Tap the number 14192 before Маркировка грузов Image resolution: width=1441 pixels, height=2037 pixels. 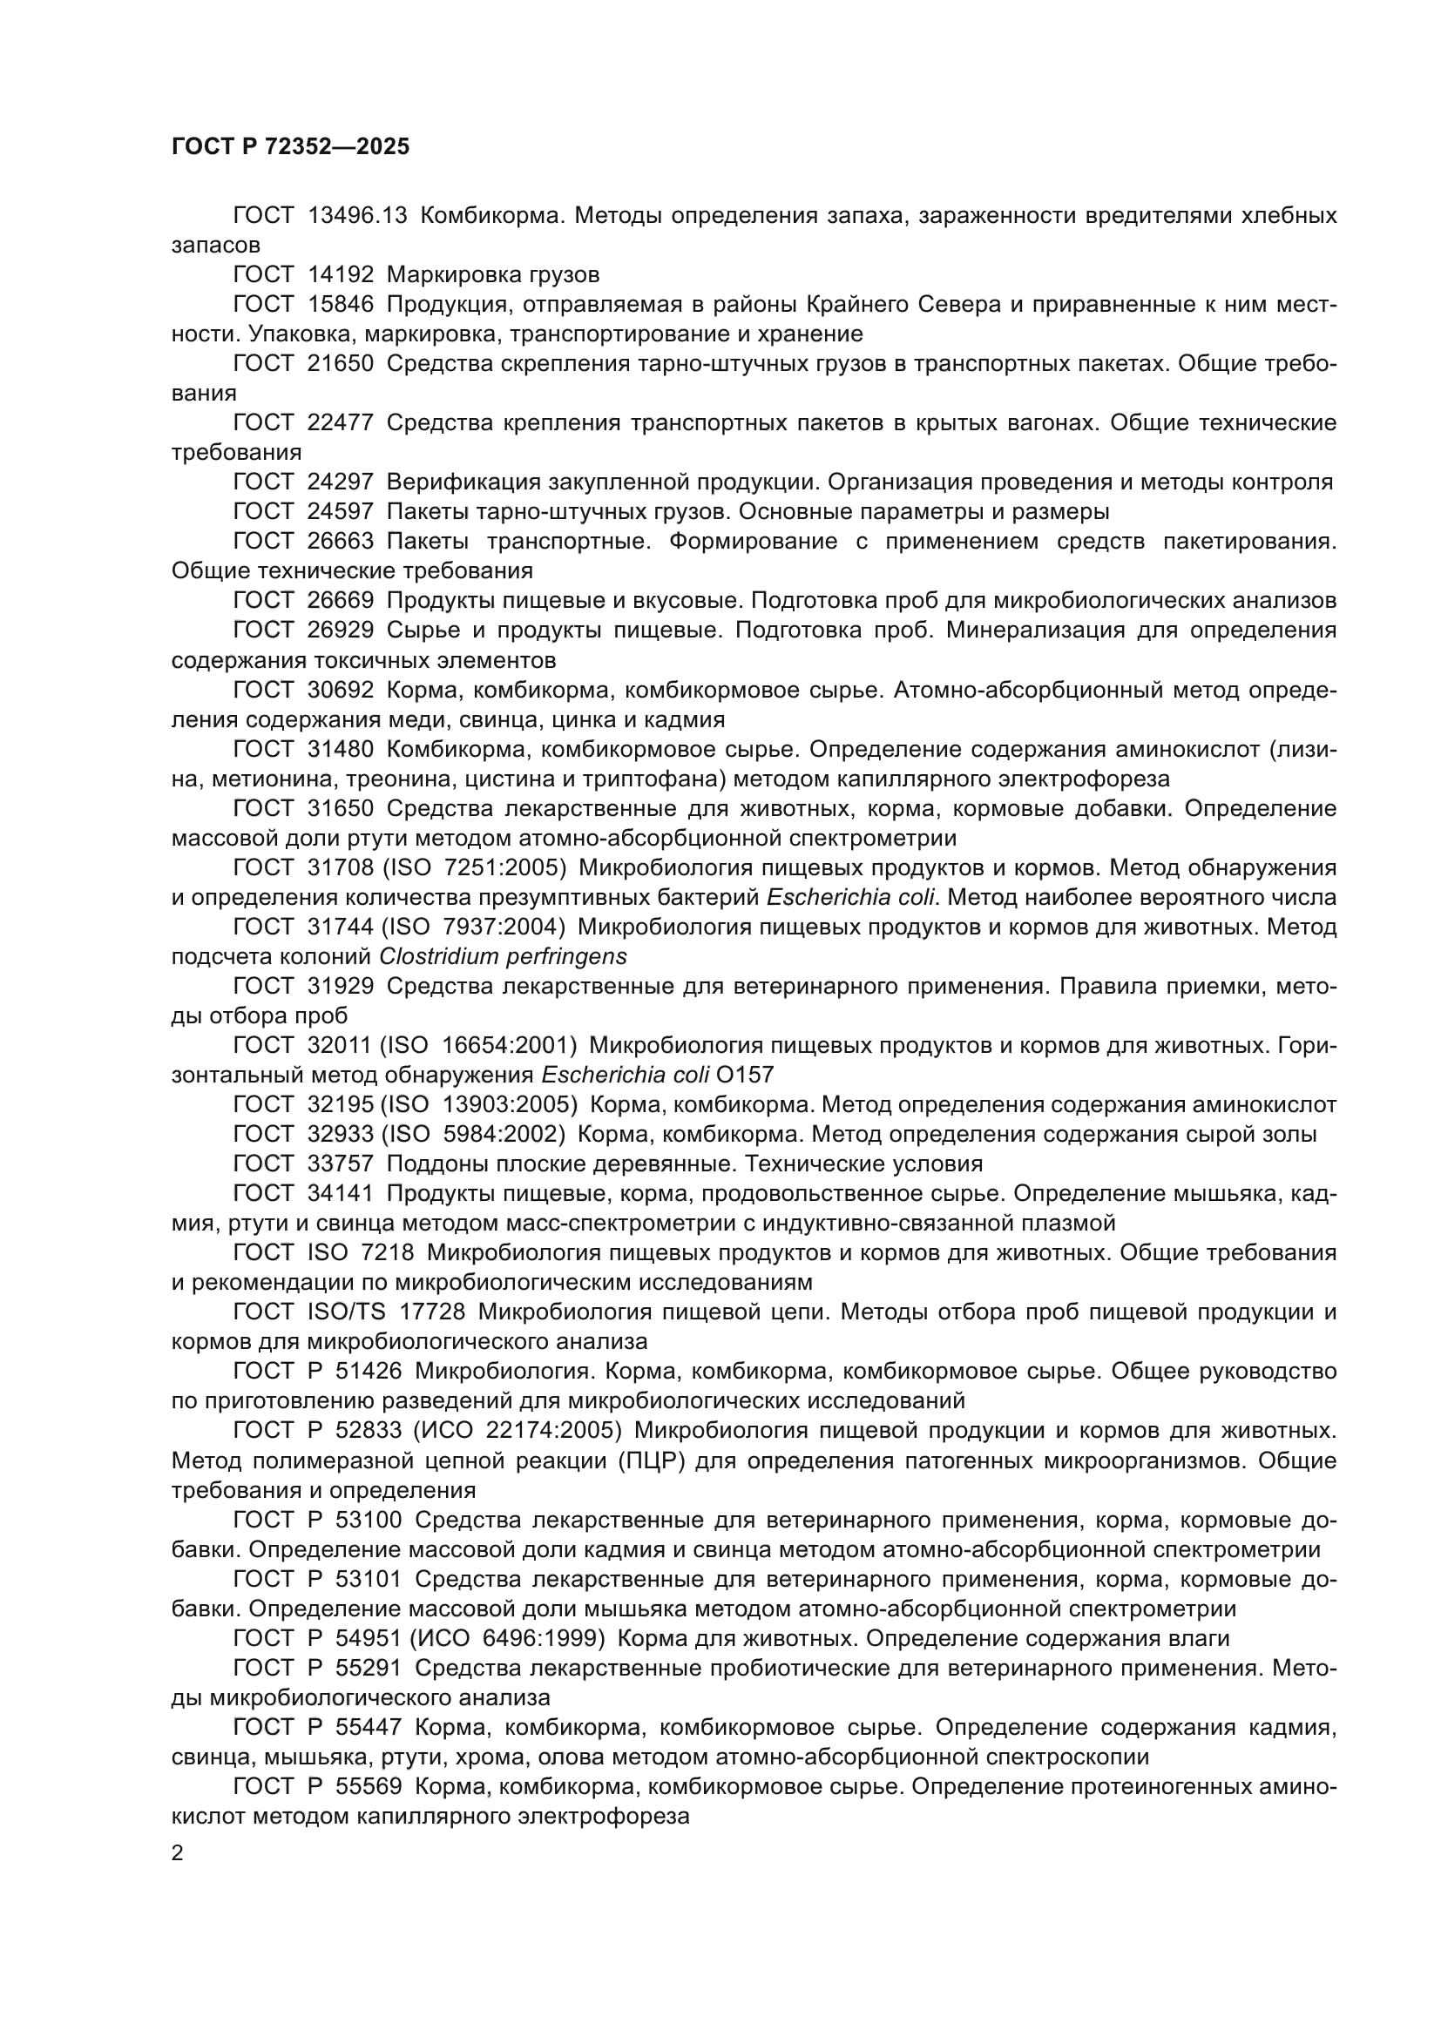(340, 274)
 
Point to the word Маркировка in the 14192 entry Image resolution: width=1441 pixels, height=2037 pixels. (449, 274)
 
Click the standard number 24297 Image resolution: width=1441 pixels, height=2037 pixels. (340, 482)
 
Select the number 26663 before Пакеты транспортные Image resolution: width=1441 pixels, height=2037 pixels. (340, 541)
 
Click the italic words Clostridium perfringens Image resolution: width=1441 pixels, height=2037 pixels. (502, 956)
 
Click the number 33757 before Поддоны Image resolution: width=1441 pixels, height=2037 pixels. (340, 1164)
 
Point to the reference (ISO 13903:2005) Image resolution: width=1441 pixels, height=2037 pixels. (479, 1104)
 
